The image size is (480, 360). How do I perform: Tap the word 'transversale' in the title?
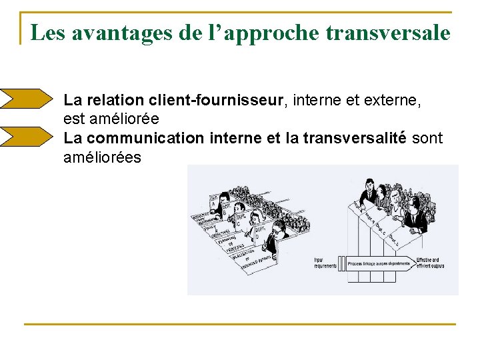tap(389, 33)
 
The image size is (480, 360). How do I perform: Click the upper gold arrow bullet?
tap(25, 99)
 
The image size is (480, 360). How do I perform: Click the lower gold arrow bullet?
tap(25, 136)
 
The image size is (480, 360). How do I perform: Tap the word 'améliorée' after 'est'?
tap(129, 119)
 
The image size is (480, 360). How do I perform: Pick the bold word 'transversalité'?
tap(354, 138)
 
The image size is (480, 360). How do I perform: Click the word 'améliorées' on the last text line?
tap(103, 157)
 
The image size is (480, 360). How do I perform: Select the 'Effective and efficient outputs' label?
tap(430, 263)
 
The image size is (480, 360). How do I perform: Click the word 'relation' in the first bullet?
tap(115, 101)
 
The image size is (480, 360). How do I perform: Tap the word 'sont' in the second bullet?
tap(427, 138)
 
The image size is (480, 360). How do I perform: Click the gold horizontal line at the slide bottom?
tap(240, 324)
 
